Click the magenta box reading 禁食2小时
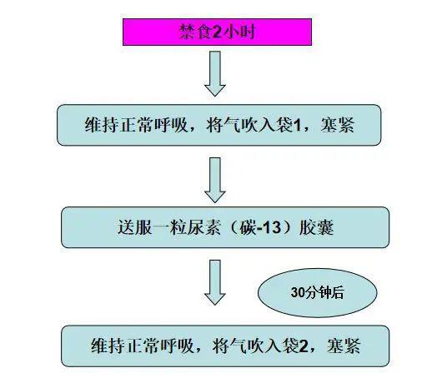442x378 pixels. pos(217,32)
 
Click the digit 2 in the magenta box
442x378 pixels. pos(217,32)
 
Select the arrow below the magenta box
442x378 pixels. pos(215,74)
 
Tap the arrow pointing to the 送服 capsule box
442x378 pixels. pos(215,180)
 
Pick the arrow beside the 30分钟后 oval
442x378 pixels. pos(215,282)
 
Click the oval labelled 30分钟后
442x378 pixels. pos(318,293)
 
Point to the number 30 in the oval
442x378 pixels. pos(298,293)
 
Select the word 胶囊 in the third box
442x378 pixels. pos(317,227)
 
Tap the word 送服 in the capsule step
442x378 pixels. pos(135,227)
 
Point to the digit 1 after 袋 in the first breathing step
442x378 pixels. pos(297,125)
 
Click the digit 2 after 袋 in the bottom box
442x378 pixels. pos(304,346)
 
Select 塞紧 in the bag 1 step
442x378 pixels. pos(338,125)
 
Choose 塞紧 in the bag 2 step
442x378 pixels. pos(344,346)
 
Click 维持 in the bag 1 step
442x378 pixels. pos(102,125)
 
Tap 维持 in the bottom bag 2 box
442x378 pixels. pos(108,346)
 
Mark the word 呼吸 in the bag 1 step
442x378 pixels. pos(171,125)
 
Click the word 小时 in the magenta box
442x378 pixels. pos(239,32)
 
